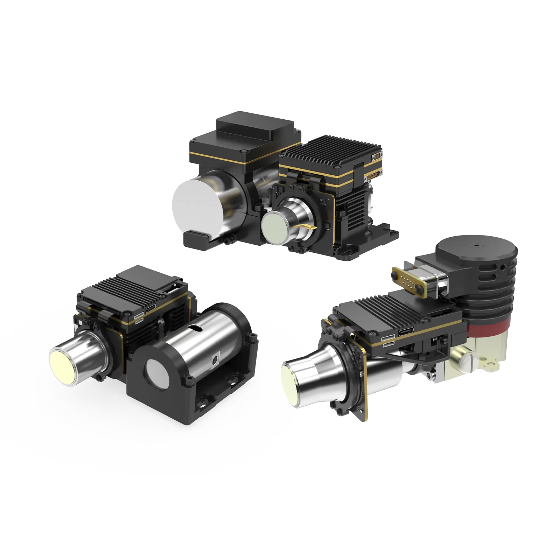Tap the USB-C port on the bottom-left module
pos(151,308)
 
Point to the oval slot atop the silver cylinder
pos(195,327)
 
